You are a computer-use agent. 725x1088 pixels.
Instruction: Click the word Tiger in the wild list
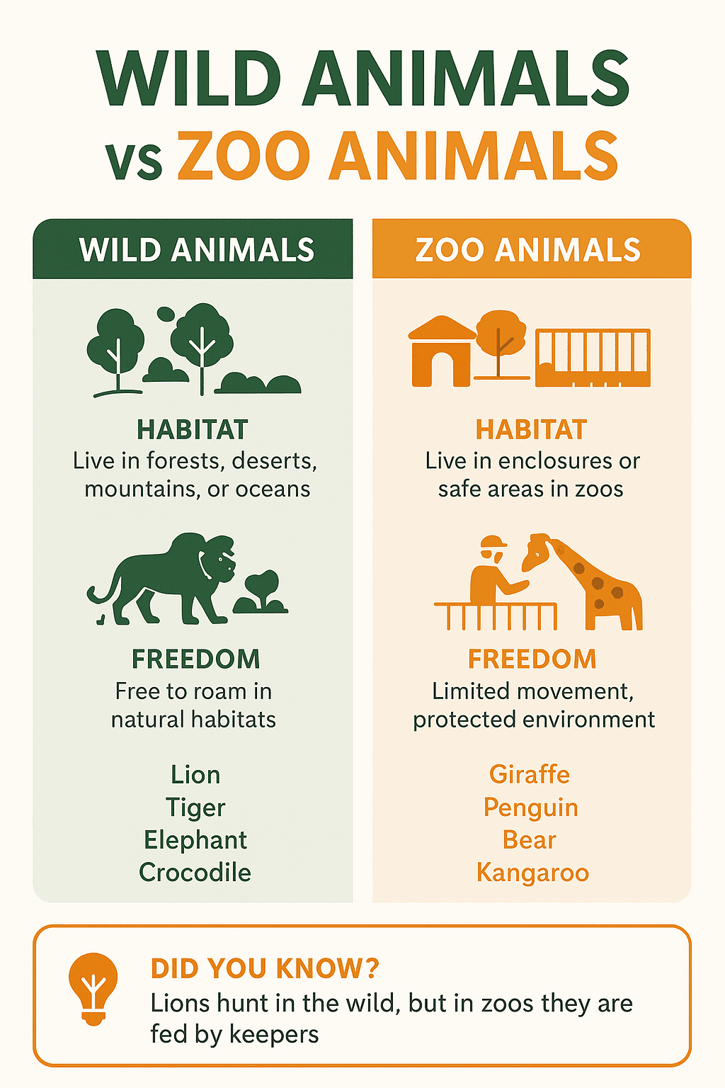pos(195,807)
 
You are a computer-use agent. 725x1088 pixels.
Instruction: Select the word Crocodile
pos(195,872)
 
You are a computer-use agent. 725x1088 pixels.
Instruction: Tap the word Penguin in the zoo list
pos(530,807)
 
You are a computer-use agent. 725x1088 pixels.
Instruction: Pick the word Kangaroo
pos(532,872)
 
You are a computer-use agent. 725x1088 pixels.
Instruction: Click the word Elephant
pos(195,840)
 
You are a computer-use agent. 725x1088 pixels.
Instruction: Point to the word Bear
pos(530,840)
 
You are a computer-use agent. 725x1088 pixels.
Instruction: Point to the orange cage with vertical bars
pos(593,357)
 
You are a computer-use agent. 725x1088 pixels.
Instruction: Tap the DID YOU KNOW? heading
pos(265,968)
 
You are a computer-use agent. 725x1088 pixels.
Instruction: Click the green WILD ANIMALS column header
pos(196,250)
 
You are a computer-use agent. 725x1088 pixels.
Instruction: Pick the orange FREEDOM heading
pos(532,659)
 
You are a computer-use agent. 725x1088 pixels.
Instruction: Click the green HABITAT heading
pos(193,430)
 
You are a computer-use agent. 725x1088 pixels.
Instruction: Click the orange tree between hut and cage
pos(501,340)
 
